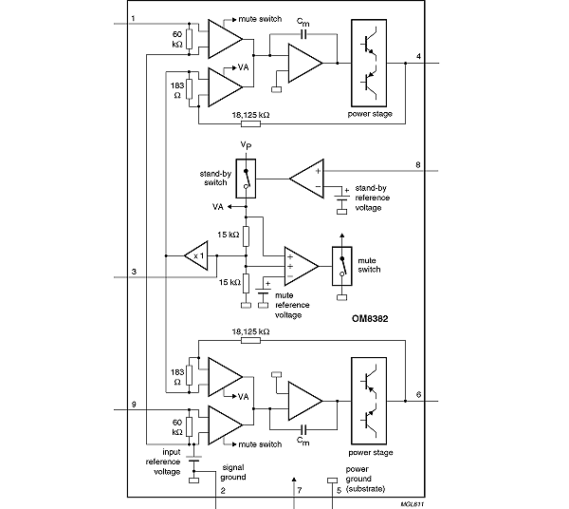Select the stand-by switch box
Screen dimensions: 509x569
coord(247,178)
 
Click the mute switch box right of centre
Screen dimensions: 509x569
coord(342,265)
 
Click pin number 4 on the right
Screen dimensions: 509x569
coord(418,56)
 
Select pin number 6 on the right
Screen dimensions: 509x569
coord(418,394)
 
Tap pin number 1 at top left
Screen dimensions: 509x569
coord(134,18)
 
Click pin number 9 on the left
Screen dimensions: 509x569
coord(134,405)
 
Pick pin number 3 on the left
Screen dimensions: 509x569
coord(134,273)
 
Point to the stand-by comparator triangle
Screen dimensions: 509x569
coord(305,177)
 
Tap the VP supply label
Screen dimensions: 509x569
coord(246,145)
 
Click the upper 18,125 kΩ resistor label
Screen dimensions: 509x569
coord(251,114)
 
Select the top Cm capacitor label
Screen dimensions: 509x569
coord(302,21)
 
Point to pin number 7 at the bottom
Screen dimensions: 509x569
coord(299,491)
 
